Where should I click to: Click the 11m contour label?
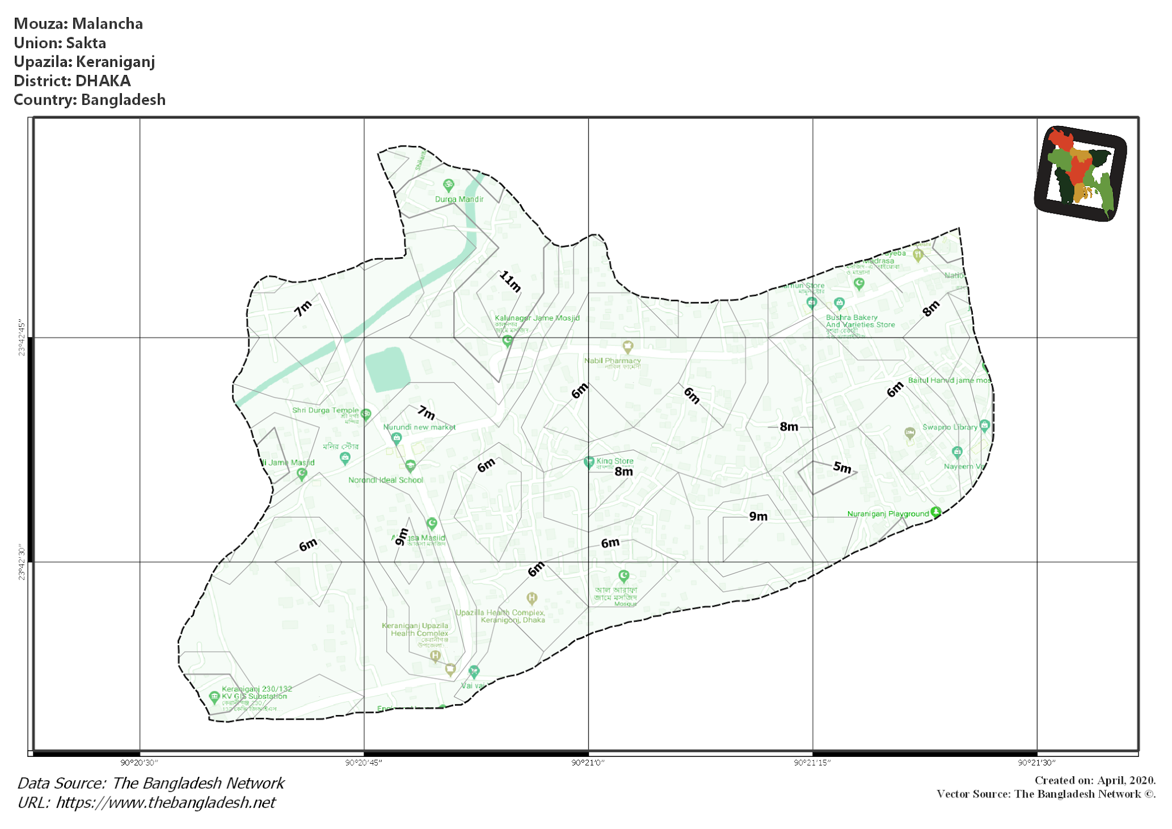pos(510,282)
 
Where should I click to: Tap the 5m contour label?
pos(842,467)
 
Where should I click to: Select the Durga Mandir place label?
pos(459,199)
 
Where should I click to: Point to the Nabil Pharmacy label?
pos(612,361)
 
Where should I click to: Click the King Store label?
pos(615,461)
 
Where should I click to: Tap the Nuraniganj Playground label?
pos(888,514)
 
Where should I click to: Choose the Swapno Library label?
pos(949,427)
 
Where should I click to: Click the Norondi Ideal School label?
pos(385,480)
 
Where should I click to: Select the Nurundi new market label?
pos(419,427)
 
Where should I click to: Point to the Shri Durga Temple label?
pos(325,410)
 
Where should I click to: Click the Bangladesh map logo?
pos(1080,173)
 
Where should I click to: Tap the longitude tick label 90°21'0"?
pos(588,763)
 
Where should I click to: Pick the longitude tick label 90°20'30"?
pos(139,763)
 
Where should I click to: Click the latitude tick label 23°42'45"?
pos(22,338)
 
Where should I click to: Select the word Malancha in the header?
pos(108,23)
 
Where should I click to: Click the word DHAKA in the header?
pos(103,81)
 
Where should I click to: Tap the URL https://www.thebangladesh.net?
pos(165,803)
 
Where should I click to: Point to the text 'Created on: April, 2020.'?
pos(1095,780)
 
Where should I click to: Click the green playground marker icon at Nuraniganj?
pos(936,512)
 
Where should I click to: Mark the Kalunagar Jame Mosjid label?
pos(537,318)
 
